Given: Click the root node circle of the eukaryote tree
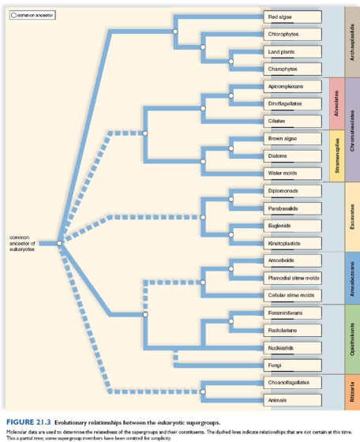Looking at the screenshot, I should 59,243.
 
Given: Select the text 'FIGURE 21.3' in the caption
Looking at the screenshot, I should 28,422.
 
